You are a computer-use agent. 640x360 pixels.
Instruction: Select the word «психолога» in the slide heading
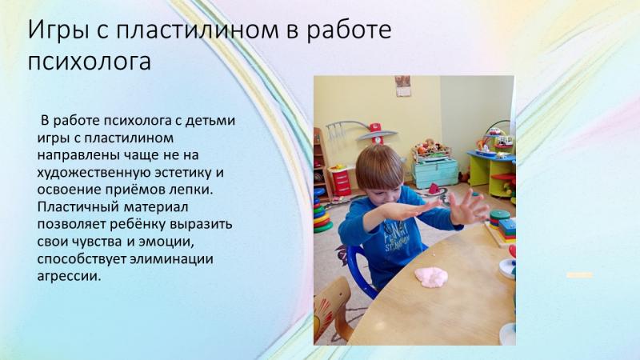coord(90,62)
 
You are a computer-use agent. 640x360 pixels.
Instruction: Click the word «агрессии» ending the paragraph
coord(69,276)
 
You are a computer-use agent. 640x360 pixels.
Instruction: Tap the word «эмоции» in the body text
coord(166,242)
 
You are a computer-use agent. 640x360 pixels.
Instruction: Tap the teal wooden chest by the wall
coord(435,172)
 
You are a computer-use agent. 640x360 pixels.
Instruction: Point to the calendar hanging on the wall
coord(402,86)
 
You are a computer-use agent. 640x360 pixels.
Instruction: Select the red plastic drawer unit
coord(341,182)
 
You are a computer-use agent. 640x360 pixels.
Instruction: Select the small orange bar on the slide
coord(579,275)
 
